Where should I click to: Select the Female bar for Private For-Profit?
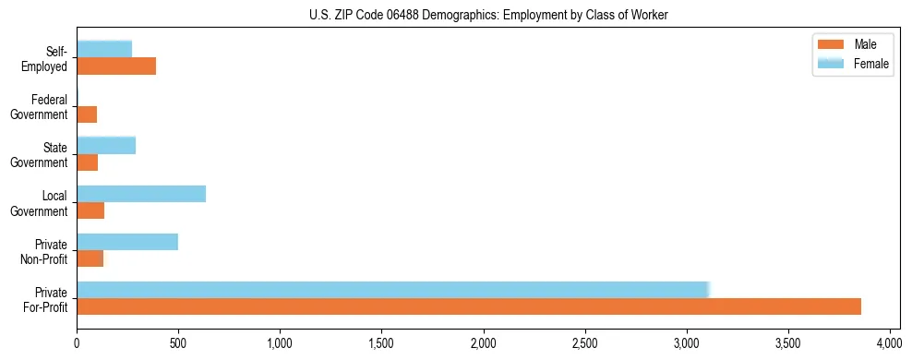(x=392, y=289)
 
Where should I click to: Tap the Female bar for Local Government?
(x=141, y=194)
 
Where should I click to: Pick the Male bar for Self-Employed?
(x=116, y=66)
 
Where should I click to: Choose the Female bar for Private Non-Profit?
(x=127, y=242)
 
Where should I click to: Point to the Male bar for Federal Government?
(x=87, y=114)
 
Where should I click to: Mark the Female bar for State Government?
(x=106, y=145)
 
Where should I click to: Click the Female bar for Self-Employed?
(x=104, y=49)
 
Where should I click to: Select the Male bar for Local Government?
(x=90, y=210)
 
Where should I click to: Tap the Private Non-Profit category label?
(x=42, y=251)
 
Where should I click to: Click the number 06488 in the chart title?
(x=390, y=16)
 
